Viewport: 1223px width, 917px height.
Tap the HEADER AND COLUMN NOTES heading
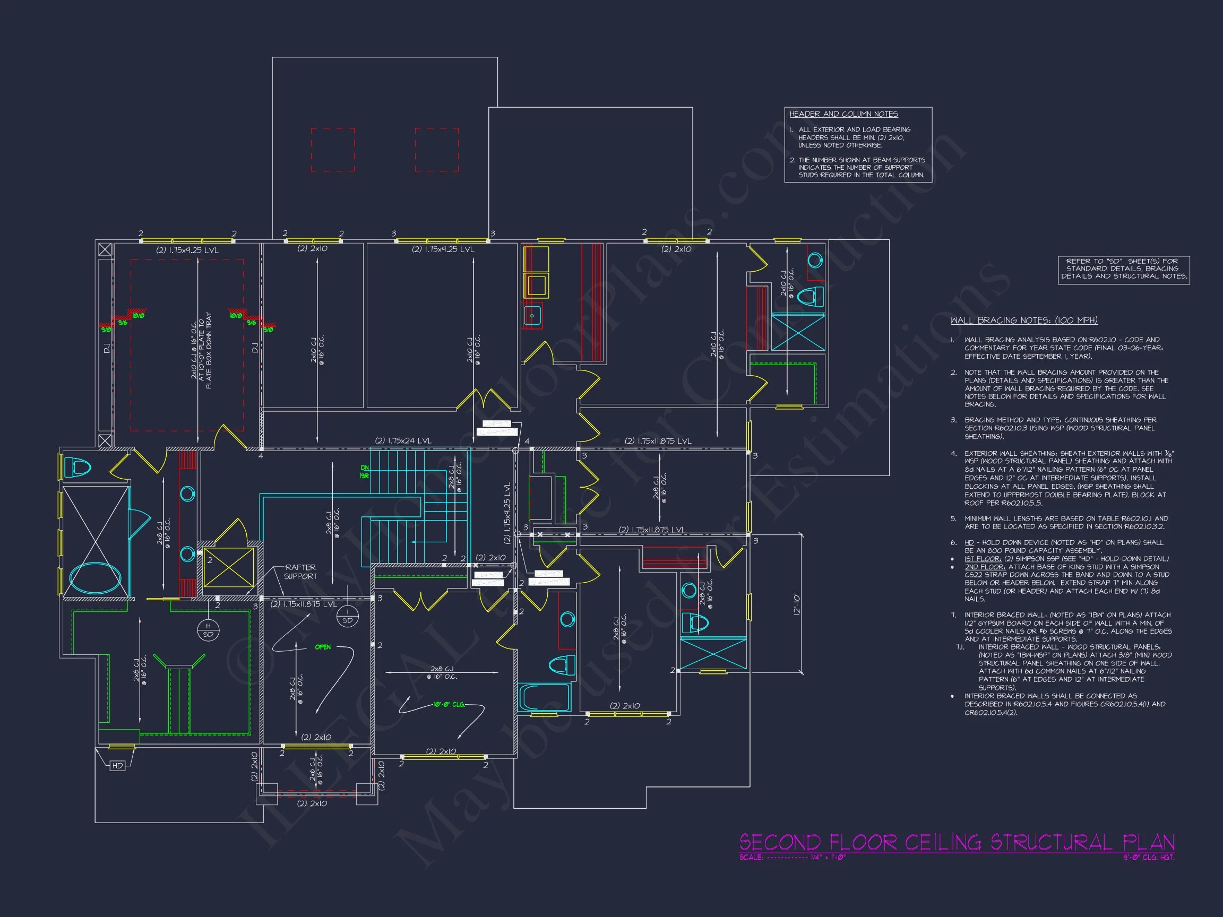[843, 115]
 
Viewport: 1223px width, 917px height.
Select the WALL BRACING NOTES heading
[1024, 321]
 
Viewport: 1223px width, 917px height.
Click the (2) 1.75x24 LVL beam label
[403, 440]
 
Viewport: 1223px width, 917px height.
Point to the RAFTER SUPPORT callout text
[300, 572]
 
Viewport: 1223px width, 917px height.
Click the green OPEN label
[323, 647]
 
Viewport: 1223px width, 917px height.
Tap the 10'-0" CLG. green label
[450, 705]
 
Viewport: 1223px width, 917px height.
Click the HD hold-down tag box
[117, 766]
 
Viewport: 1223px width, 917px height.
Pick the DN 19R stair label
[364, 471]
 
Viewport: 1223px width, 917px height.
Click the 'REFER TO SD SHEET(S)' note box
[1124, 269]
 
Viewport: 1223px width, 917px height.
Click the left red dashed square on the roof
[333, 149]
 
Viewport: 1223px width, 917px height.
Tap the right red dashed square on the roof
[437, 149]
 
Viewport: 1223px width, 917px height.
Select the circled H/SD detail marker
[208, 630]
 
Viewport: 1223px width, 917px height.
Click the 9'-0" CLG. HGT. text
[1155, 858]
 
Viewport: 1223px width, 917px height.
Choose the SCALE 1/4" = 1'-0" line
[793, 858]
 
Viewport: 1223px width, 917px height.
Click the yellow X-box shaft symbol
[229, 567]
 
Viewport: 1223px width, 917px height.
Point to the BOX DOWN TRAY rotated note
[209, 351]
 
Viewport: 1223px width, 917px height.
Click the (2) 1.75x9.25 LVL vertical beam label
[507, 513]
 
